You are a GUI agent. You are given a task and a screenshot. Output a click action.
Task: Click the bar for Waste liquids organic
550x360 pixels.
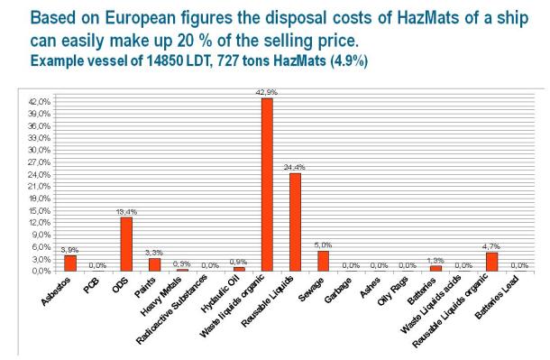[266, 184]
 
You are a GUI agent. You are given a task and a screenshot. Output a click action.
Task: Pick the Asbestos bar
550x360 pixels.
[69, 263]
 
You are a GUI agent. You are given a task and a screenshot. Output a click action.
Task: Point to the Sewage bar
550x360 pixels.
[323, 260]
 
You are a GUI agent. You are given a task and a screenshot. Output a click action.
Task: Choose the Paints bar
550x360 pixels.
[154, 263]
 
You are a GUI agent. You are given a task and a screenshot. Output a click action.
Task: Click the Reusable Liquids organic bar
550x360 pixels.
[491, 261]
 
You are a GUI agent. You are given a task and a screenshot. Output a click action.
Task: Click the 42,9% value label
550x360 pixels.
[266, 92]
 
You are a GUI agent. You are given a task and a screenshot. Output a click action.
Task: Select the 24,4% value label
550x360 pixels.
[295, 167]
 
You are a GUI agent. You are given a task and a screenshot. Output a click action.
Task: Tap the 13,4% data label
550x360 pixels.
[126, 212]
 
